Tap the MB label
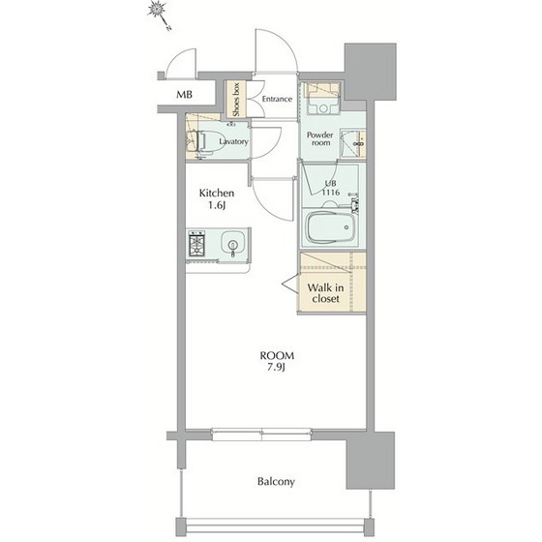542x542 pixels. point(184,95)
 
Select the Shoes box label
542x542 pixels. point(236,100)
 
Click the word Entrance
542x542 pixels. point(277,99)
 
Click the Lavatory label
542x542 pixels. point(233,141)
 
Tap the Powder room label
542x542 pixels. point(320,138)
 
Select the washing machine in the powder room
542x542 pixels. point(322,98)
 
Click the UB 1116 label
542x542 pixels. point(330,188)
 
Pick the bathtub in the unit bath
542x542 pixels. point(331,227)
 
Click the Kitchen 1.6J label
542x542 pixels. point(217,199)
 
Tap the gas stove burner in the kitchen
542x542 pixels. point(196,244)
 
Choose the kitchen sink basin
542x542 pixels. point(233,241)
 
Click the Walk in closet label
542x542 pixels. point(325,292)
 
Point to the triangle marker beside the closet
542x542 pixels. point(289,285)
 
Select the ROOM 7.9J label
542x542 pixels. point(277,361)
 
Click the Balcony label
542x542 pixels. point(276,482)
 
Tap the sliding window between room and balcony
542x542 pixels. point(261,435)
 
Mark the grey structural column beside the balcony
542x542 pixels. point(371,460)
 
